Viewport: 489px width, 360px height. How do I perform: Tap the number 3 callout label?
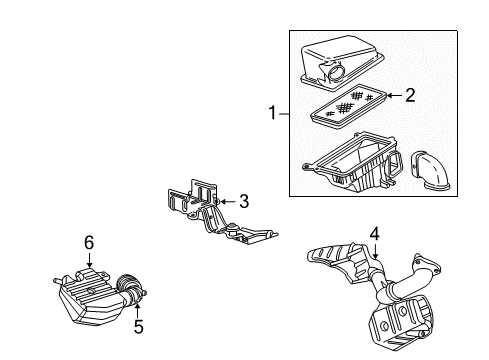[x=244, y=201]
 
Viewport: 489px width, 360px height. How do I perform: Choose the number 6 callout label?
[x=89, y=243]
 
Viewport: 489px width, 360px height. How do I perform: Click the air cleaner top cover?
[x=339, y=61]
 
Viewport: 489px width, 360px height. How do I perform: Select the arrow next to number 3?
[x=227, y=201]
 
